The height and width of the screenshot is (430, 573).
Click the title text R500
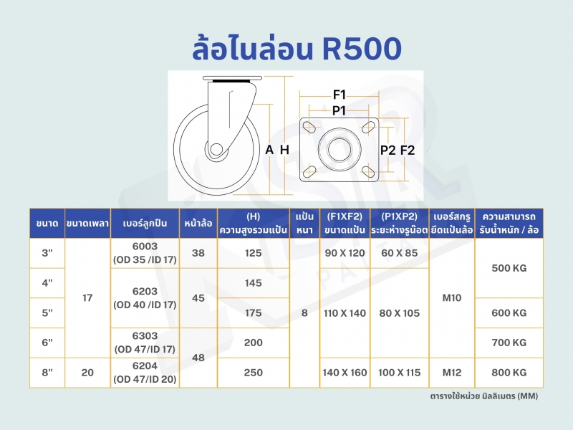[362, 48]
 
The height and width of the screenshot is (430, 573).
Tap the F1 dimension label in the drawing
[340, 95]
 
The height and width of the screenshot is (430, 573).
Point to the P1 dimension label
[339, 110]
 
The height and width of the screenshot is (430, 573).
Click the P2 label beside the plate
[387, 150]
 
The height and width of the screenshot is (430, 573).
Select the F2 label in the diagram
[408, 150]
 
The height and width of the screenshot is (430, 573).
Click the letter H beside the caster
[284, 150]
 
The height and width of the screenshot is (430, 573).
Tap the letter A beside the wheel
[269, 150]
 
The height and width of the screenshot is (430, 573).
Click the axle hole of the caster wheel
[216, 150]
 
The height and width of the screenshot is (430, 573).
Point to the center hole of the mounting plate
[339, 149]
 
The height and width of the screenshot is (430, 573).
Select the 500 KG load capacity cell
[509, 268]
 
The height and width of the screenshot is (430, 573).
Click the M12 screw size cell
[452, 373]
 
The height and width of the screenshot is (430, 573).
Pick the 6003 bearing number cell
[145, 247]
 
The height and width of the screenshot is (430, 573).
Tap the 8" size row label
[47, 373]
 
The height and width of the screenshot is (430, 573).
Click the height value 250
[254, 373]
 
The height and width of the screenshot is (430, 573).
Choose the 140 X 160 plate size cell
[345, 373]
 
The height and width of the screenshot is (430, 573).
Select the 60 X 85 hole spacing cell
[400, 253]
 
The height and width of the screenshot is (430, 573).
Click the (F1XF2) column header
[345, 216]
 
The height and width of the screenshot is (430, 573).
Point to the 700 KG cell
[509, 343]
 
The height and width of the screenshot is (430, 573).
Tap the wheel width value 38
[198, 253]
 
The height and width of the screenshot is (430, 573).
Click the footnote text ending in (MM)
[484, 396]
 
